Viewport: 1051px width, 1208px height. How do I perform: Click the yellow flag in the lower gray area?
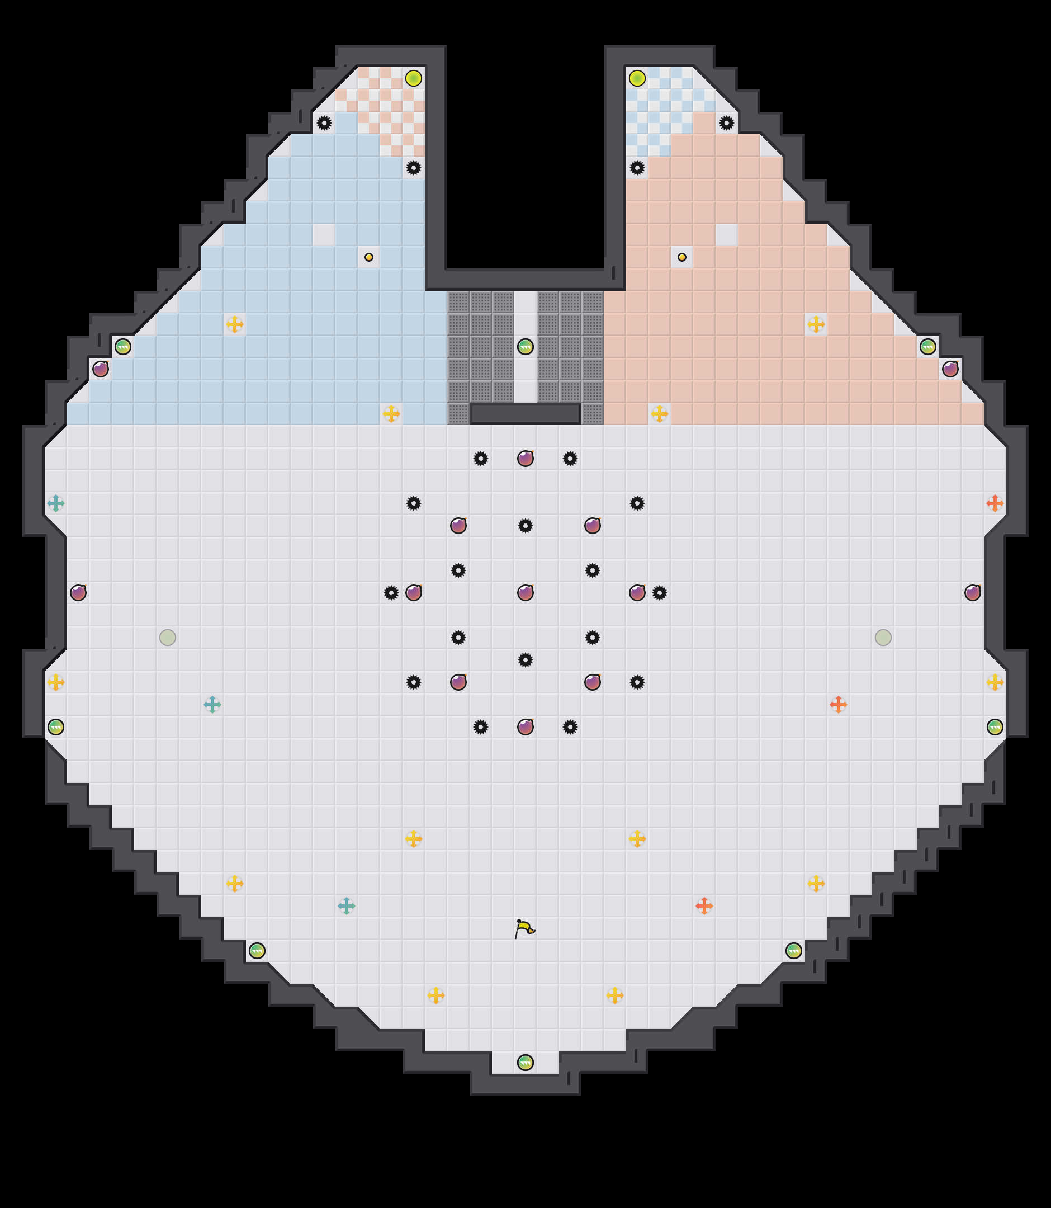pos(524,928)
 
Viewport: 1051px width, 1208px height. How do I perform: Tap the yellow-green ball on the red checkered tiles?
pos(414,78)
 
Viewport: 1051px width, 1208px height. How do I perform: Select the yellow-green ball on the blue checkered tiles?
pos(637,78)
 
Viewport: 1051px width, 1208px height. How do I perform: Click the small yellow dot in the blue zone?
pos(369,257)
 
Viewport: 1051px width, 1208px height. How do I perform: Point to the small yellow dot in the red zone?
pos(681,257)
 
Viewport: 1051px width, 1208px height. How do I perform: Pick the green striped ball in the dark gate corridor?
pos(525,347)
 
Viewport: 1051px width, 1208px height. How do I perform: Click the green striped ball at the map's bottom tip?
pos(525,1062)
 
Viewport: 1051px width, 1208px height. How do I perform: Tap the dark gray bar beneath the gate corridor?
pos(525,414)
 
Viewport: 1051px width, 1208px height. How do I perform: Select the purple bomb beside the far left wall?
pos(78,593)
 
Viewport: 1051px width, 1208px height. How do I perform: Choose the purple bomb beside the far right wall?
pos(972,593)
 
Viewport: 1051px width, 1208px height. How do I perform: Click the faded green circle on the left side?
pos(168,637)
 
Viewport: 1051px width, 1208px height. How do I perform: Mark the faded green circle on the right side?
pos(883,637)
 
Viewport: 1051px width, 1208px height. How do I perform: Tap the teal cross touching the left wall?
pos(56,503)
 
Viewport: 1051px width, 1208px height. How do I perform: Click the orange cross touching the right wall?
pos(995,503)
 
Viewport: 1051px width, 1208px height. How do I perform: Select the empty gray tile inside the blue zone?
pos(324,235)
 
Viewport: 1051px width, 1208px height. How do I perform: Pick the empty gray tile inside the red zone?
pos(726,235)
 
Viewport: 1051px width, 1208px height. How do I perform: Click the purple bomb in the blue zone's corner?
pos(100,369)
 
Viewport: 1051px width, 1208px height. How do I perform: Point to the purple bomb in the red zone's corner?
pos(950,369)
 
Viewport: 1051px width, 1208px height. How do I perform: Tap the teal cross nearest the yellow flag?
pos(347,906)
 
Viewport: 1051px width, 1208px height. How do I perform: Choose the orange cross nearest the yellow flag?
pos(704,906)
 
